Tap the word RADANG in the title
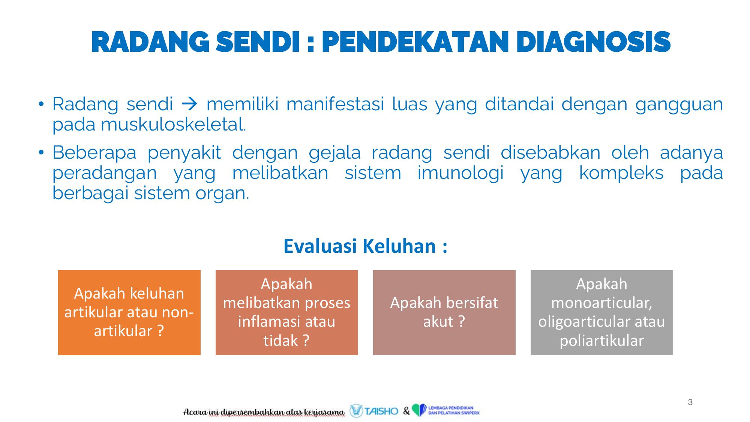point(150,42)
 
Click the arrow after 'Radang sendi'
point(189,104)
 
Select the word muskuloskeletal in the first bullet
point(173,125)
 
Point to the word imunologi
point(460,173)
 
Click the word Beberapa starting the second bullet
point(94,153)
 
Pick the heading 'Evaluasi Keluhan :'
point(365,246)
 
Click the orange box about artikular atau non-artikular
point(129,312)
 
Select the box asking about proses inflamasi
point(287,312)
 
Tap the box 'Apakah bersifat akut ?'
point(444,312)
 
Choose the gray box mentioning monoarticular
point(602,312)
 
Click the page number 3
point(690,402)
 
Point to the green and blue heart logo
point(419,410)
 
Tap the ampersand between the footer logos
point(406,411)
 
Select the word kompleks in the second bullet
point(621,173)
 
